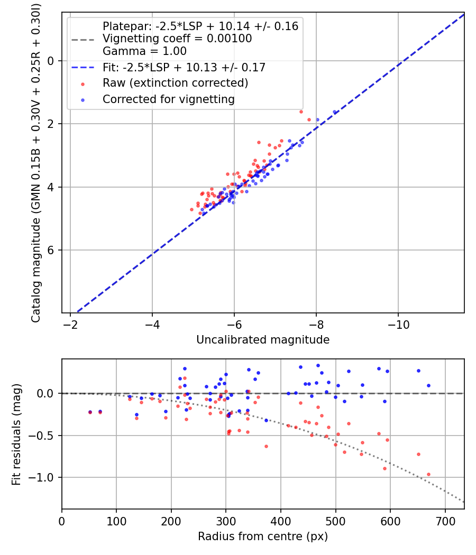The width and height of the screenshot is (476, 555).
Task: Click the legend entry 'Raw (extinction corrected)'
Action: pos(175,83)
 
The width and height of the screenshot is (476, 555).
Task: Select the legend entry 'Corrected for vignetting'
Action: pos(168,99)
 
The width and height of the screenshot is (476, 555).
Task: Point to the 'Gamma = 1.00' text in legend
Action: pos(144,51)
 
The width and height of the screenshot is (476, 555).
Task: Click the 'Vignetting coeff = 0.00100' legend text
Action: pos(177,39)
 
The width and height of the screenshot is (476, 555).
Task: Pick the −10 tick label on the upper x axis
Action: pos(398,325)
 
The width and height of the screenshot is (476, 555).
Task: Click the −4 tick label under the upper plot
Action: pos(152,325)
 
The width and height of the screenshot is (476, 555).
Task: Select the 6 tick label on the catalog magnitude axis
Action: pos(51,250)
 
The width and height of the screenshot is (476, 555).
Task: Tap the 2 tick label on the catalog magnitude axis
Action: pos(51,124)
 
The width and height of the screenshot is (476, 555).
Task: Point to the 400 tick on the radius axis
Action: pos(281,521)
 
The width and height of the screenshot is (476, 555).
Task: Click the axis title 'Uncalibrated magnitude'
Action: pos(263,340)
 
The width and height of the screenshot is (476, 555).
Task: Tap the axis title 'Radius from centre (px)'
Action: pos(263,536)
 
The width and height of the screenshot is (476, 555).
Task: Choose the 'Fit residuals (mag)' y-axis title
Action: pos(16,434)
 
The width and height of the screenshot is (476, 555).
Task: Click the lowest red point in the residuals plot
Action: pos(428,474)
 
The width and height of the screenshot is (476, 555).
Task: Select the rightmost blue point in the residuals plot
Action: pos(428,385)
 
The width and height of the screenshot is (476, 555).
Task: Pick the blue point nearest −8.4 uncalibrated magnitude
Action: pos(334,112)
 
